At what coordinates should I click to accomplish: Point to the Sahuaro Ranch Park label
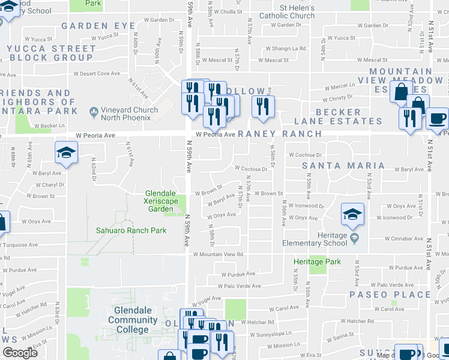pos(131,230)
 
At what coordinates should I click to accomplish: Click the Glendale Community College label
pos(133,320)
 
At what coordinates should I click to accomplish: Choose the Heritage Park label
pos(316,262)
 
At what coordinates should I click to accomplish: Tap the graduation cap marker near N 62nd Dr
pos(66,154)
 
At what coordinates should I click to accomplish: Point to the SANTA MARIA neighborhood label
pos(343,166)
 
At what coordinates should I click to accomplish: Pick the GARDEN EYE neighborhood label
pos(98,26)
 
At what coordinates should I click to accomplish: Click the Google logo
pos(20,352)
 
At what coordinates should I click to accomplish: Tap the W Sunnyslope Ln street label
pos(271,334)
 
